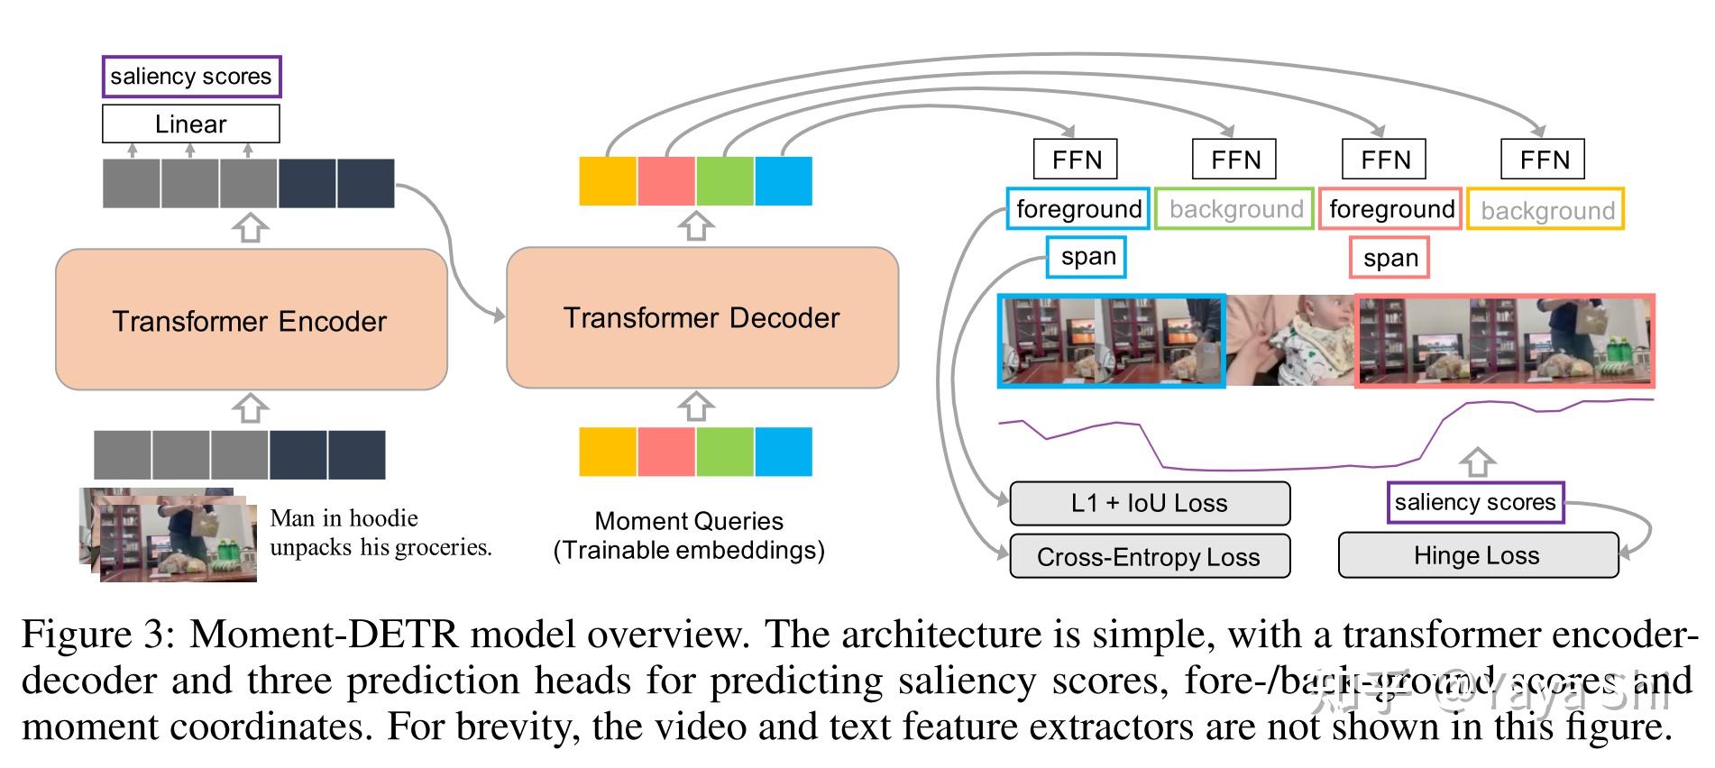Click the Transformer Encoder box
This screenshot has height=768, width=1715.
click(x=251, y=320)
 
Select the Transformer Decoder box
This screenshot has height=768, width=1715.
click(x=702, y=318)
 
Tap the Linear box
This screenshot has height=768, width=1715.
click(x=190, y=123)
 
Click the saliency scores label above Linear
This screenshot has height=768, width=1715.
click(x=191, y=77)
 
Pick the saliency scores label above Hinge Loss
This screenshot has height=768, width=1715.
click(x=1475, y=502)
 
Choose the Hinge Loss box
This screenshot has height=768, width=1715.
click(x=1477, y=555)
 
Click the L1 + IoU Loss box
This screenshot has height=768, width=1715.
click(x=1150, y=503)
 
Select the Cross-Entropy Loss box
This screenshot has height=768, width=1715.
click(x=1150, y=556)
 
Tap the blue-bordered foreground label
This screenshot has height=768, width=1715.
click(x=1078, y=209)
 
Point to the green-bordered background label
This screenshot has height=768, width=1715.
click(x=1234, y=209)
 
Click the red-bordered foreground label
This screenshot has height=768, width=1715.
click(x=1390, y=209)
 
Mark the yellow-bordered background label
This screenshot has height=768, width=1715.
click(x=1545, y=209)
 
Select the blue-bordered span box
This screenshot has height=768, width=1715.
click(x=1087, y=258)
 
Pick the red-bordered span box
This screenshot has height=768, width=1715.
click(x=1389, y=259)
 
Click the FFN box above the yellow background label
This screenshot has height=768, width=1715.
click(x=1543, y=160)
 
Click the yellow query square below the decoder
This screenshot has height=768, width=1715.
click(x=608, y=452)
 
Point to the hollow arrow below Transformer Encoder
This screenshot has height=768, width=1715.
click(x=250, y=408)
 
